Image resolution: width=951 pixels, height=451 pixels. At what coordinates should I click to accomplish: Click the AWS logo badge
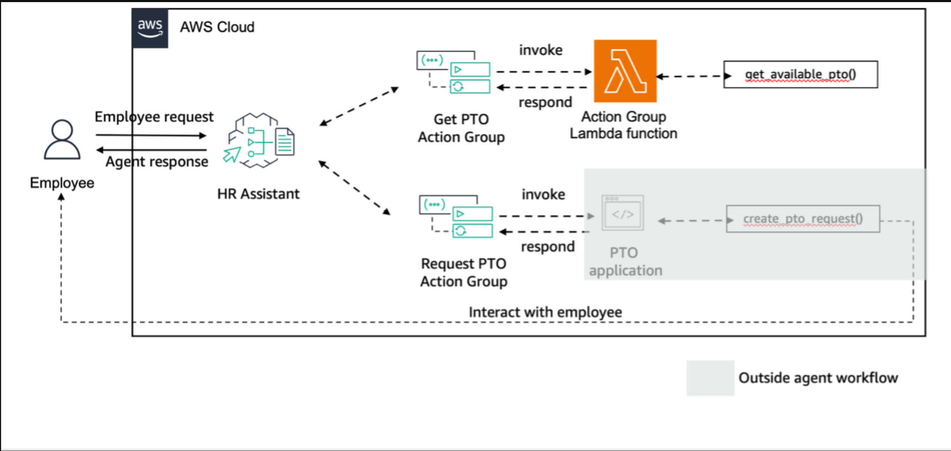point(150,29)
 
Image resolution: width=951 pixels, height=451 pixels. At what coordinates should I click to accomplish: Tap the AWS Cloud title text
point(217,27)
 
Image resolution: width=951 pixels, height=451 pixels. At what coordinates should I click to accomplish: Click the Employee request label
point(154,117)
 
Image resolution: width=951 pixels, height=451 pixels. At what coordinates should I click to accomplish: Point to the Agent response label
point(157,162)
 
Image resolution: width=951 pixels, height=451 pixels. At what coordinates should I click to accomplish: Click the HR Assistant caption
point(258,194)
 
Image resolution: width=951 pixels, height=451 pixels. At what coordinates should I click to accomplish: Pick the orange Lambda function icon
point(625,71)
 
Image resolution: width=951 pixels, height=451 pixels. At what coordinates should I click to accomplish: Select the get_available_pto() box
point(800,75)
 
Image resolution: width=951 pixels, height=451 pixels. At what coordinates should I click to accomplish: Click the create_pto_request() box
point(802,219)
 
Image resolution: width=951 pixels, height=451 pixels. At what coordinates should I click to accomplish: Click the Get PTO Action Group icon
point(453,72)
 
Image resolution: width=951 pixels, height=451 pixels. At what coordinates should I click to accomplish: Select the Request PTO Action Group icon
point(456,217)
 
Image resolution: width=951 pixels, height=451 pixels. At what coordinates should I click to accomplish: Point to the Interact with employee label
point(545,312)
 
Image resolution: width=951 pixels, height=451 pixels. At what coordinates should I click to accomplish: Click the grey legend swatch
point(710,378)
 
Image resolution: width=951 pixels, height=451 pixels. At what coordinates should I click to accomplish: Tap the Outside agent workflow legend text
point(818,378)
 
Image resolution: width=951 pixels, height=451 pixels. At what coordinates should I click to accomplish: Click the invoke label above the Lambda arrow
point(541,50)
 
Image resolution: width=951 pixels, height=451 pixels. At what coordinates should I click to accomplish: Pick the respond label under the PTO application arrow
point(548,246)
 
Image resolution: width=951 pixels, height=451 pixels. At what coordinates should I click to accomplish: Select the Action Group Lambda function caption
point(624,125)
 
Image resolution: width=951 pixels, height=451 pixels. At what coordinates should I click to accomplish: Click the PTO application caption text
point(625,262)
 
